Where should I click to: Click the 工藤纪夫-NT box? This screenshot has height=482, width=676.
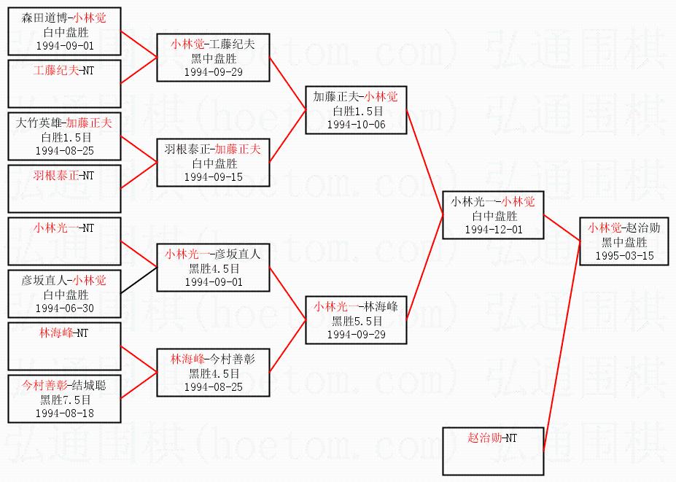63,84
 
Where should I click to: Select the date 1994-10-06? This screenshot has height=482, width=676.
356,124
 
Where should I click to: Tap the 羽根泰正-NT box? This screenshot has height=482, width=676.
63,188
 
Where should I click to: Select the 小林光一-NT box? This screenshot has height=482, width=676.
63,241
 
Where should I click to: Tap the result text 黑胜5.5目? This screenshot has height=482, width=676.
356,321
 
